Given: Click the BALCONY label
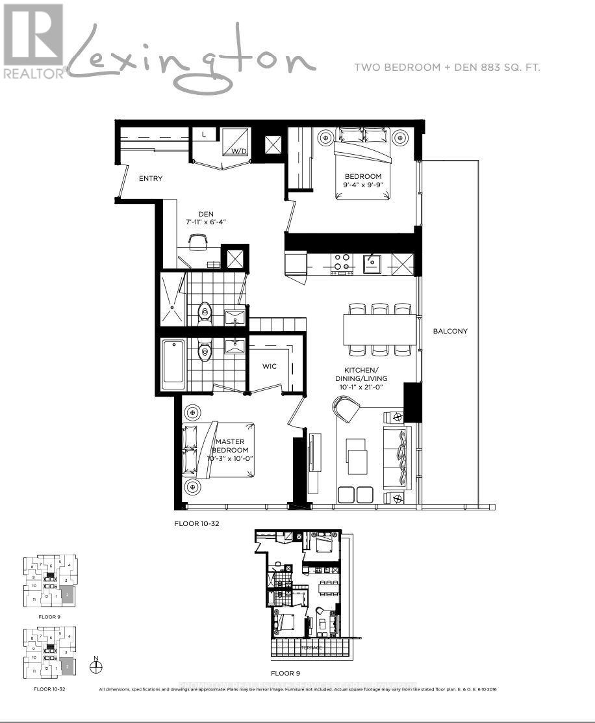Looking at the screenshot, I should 450,331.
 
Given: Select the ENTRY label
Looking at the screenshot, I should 150,178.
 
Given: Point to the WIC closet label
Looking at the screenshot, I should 270,366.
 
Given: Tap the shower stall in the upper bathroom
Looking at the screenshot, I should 173,299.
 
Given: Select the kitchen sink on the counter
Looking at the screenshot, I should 372,263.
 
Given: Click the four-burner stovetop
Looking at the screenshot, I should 342,263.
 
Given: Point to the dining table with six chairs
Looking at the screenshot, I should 379,330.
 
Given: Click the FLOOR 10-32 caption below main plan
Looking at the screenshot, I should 195,523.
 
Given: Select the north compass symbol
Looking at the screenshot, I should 95,666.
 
